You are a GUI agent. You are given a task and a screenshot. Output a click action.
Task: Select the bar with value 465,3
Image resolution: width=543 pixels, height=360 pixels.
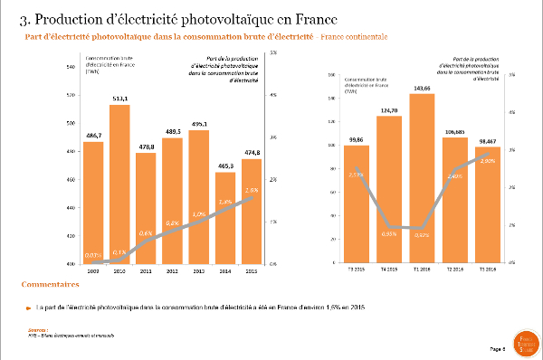pos(225,217)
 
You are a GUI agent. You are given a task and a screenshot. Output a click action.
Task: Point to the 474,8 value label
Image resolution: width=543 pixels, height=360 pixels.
pos(252,152)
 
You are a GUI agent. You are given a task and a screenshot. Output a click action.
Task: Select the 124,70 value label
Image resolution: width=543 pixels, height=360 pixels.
pos(388,109)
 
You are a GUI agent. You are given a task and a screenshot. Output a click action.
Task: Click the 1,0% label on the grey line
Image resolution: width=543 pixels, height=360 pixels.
pos(199,213)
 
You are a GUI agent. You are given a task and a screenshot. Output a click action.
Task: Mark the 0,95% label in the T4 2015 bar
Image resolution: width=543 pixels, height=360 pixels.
pos(388,232)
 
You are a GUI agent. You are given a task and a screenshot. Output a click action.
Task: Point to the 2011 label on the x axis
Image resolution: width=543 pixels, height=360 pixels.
pos(146,270)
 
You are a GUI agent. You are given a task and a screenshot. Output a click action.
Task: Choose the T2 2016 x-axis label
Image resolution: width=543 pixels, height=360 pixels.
pos(454,270)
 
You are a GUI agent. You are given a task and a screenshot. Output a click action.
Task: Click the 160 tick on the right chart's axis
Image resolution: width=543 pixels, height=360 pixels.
pos(333,75)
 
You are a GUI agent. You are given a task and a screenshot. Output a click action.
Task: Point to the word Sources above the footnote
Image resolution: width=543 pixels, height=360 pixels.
pos(37,330)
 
